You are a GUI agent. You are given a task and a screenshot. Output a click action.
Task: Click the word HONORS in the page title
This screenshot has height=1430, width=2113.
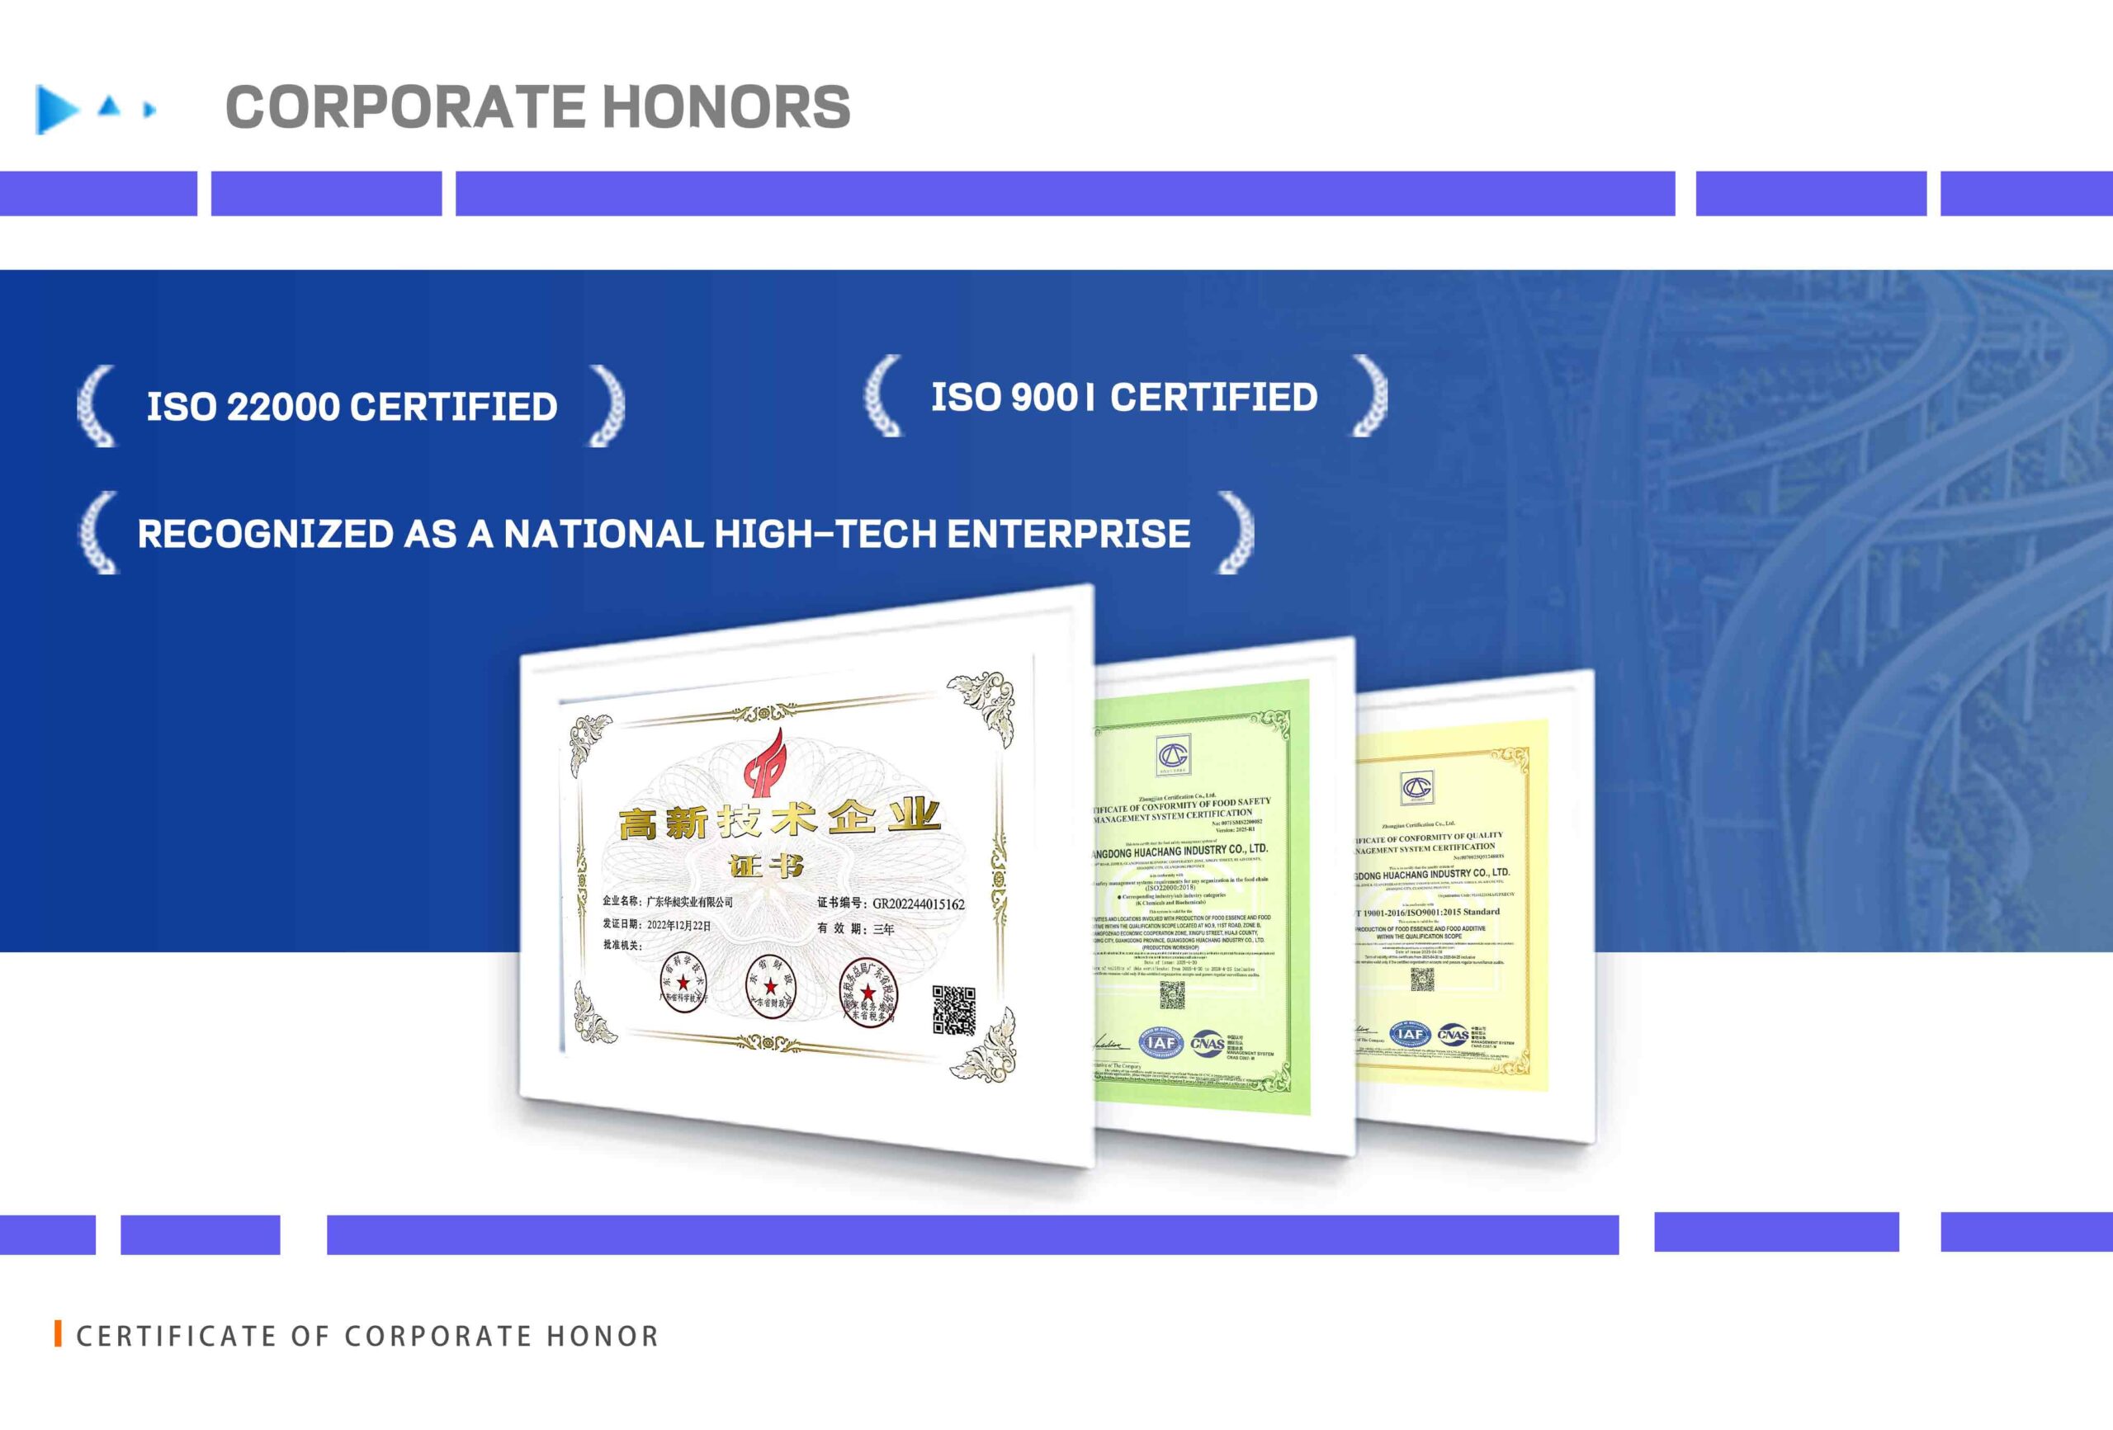[726, 107]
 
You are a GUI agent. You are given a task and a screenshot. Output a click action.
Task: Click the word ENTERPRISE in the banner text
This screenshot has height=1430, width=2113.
[1069, 534]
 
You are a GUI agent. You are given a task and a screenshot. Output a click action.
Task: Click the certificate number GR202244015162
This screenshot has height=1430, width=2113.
[919, 904]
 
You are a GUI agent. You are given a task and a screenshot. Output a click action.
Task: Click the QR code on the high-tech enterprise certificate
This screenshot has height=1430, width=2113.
[954, 1011]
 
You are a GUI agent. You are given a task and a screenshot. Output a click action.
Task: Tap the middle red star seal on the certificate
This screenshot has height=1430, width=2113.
[770, 985]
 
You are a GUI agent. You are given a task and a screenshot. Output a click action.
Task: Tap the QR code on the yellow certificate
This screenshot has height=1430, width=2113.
[1422, 979]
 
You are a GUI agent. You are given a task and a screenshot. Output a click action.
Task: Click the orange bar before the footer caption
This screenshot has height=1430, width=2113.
[58, 1333]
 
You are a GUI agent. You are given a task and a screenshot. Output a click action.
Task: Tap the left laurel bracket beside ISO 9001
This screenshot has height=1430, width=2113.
[883, 396]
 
